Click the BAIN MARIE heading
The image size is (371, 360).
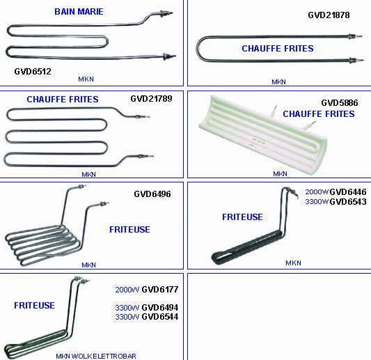click(79, 12)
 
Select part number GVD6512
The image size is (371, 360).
click(33, 72)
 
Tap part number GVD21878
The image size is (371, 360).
click(329, 15)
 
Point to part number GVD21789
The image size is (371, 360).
click(151, 99)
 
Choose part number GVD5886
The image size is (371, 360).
click(340, 103)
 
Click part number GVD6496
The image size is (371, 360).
click(152, 194)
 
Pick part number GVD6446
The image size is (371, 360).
click(348, 192)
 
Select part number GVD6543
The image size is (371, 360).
click(348, 202)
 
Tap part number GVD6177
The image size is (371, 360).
click(159, 290)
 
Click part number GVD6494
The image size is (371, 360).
click(159, 308)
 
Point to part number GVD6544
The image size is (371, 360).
click(159, 317)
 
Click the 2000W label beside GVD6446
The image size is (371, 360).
click(317, 192)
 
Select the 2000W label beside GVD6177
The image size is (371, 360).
click(127, 290)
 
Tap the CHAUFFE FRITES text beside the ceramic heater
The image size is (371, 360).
click(319, 114)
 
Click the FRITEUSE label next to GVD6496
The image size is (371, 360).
click(129, 230)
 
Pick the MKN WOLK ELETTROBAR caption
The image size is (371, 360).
click(96, 356)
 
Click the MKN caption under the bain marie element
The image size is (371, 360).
click(86, 79)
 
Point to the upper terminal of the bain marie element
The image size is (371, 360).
click(166, 13)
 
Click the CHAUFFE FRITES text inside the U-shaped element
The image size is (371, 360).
click(278, 49)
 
